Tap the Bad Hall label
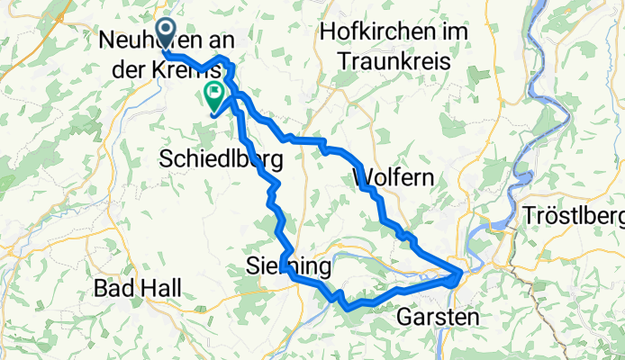[138, 289]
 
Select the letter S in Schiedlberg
[166, 159]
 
